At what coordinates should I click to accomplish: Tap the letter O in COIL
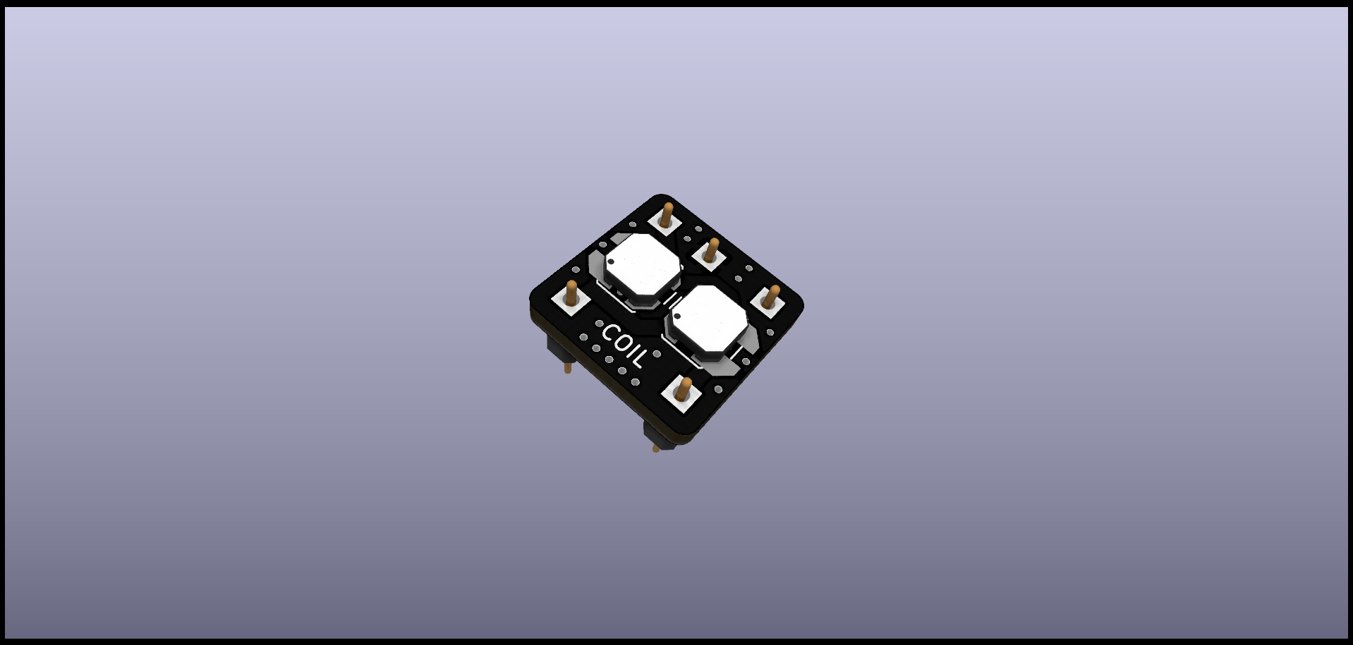(621, 343)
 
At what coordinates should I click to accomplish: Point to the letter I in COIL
(631, 351)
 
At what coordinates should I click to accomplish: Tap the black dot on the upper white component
(611, 262)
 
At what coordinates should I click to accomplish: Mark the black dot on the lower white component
(677, 317)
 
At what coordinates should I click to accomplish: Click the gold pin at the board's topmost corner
(666, 214)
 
